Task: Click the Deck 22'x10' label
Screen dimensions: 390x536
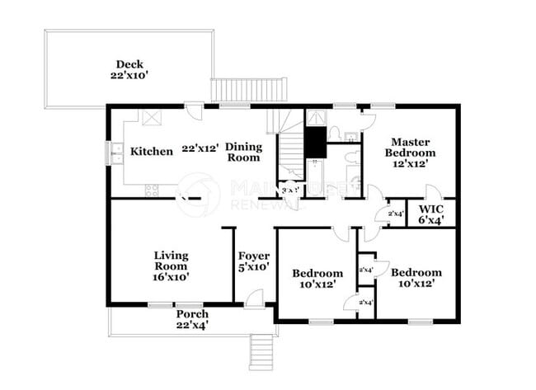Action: [130, 69]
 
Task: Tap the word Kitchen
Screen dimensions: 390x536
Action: [152, 151]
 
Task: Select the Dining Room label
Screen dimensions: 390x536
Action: [244, 152]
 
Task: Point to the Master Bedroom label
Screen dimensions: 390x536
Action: [412, 153]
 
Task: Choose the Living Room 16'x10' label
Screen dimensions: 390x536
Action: [172, 266]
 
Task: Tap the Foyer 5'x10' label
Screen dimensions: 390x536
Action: [254, 261]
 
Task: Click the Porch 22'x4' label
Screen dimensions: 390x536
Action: [192, 320]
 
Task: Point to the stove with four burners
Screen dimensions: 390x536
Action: [152, 190]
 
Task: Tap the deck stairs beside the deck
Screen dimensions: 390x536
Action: [249, 89]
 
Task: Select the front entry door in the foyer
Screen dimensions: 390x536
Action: [255, 299]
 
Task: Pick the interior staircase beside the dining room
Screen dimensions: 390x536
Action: [289, 148]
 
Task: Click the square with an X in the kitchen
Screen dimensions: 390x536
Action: [152, 117]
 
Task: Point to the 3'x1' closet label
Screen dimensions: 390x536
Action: [289, 190]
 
